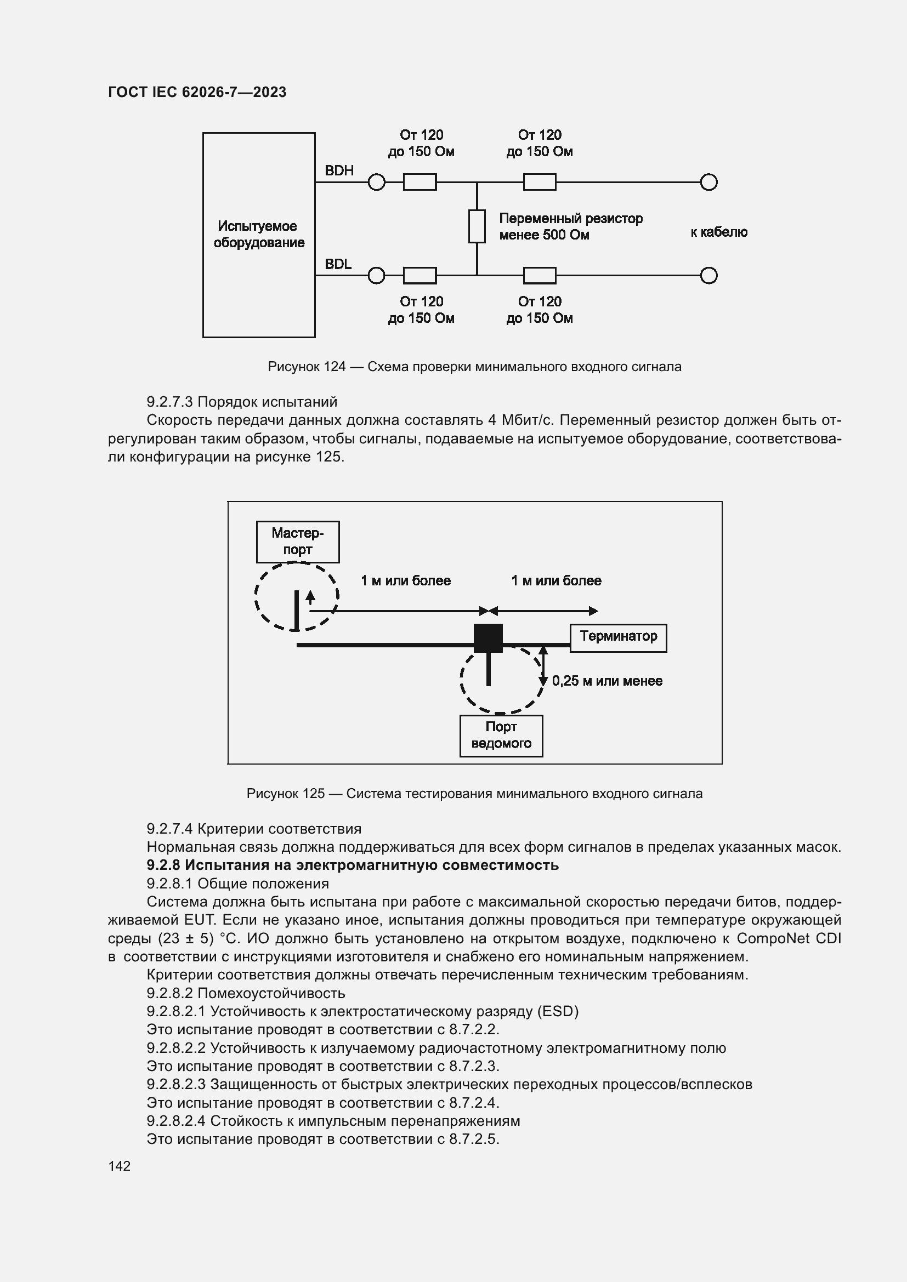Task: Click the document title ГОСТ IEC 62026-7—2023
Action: (x=197, y=92)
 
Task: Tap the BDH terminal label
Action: (x=339, y=171)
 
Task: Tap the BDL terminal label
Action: (x=338, y=264)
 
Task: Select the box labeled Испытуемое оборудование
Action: (x=259, y=235)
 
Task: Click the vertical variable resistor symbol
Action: (x=477, y=226)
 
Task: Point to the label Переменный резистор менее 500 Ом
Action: (x=570, y=227)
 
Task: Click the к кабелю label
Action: (x=718, y=232)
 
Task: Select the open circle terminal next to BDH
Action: (x=376, y=182)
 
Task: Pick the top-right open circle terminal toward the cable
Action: (x=708, y=182)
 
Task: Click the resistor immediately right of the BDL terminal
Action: (x=420, y=275)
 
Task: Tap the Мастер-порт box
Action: (x=298, y=542)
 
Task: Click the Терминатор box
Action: (x=617, y=637)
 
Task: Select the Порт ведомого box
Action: (x=501, y=736)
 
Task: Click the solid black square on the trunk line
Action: (x=488, y=637)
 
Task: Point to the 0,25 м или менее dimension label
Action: (x=607, y=681)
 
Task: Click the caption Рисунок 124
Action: (x=474, y=367)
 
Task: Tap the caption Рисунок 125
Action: (x=474, y=794)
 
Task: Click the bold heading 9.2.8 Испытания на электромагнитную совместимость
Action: (x=353, y=865)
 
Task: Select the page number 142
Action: (x=119, y=1166)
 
